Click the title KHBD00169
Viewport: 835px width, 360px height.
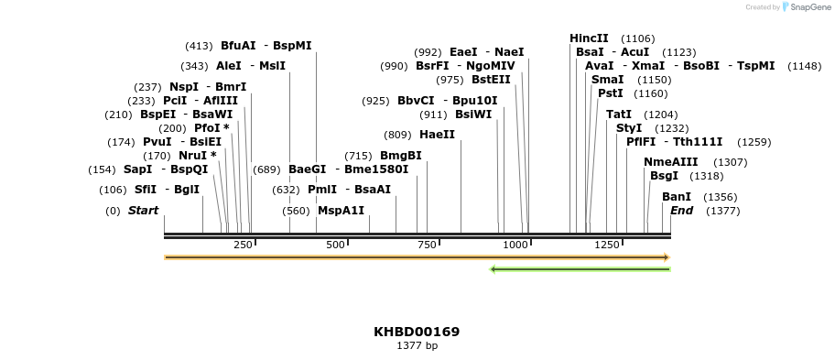[x=417, y=332]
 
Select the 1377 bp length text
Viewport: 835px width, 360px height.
[x=417, y=346]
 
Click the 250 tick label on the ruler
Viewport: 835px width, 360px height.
[x=243, y=245]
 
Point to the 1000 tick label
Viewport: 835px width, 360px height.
[x=515, y=245]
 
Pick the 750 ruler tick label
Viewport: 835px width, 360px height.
[x=425, y=245]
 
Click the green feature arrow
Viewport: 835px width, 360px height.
[x=580, y=269]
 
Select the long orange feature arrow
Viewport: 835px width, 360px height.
[x=417, y=257]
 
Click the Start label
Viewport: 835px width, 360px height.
[x=143, y=211]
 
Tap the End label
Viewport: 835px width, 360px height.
[x=681, y=211]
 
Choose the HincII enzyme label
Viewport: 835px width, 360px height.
[x=589, y=38]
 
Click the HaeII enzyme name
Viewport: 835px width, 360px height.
[x=437, y=135]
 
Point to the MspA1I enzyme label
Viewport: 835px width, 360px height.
[x=341, y=211]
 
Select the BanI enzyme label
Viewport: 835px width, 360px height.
[x=676, y=197]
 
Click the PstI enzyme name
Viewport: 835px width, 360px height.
[x=610, y=93]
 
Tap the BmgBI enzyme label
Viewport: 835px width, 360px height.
[x=401, y=156]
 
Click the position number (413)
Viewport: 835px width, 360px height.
[x=199, y=46]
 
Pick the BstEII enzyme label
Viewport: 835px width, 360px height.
[x=491, y=80]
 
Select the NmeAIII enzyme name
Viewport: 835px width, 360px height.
[x=670, y=162]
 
